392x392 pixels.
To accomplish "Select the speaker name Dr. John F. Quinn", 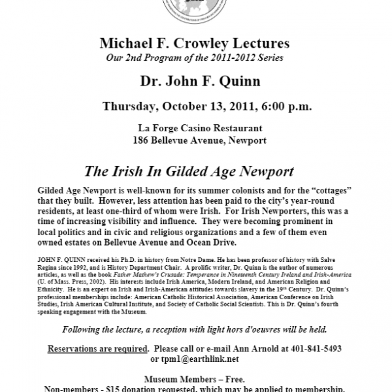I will pyautogui.click(x=195, y=83).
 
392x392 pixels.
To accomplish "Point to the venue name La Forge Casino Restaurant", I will pyautogui.click(x=195, y=129).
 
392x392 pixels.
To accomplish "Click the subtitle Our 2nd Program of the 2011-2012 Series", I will pyautogui.click(x=195, y=57).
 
